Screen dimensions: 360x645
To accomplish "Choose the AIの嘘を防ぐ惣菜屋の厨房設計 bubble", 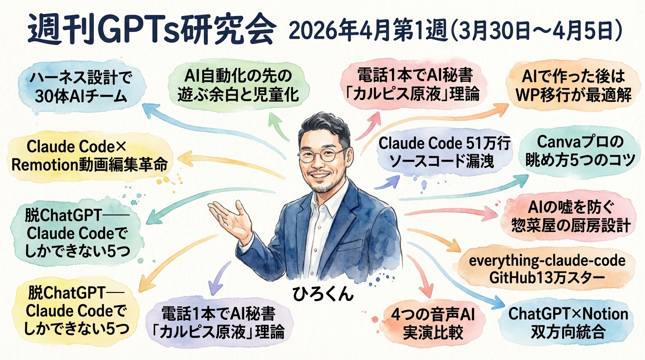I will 569,217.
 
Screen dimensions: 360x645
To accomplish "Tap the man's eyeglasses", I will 322,154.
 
